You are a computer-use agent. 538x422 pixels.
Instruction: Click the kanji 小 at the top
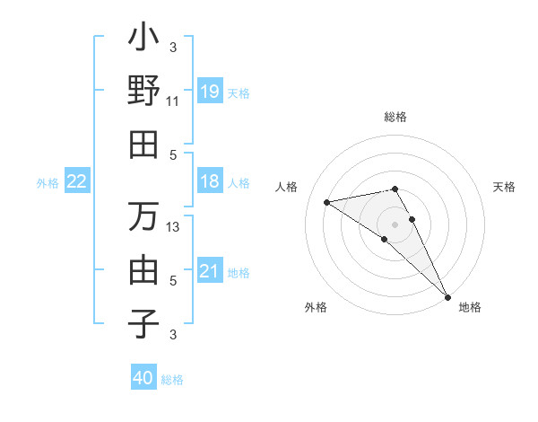pos(143,40)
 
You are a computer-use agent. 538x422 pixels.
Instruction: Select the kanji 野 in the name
pos(143,91)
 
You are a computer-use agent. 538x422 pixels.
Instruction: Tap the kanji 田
pos(143,144)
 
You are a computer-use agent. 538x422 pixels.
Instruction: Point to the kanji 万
pos(143,216)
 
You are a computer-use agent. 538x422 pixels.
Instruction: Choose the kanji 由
pos(143,269)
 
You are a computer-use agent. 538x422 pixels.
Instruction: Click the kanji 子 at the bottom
pos(143,322)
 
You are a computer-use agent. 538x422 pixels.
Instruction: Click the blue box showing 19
pos(209,91)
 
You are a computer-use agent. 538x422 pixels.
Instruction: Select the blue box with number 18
pos(209,181)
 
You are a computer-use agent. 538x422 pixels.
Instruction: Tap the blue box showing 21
pos(209,270)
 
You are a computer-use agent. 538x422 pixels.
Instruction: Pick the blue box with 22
pos(77,181)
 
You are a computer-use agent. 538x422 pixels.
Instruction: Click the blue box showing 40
pos(143,378)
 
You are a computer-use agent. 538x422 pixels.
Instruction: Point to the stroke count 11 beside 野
pos(172,101)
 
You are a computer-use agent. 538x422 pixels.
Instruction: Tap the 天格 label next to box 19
pos(239,92)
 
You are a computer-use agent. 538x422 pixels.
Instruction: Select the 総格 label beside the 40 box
pos(172,380)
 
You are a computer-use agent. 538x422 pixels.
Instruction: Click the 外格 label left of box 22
pos(48,182)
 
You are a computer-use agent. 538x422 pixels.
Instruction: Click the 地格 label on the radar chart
pos(470,307)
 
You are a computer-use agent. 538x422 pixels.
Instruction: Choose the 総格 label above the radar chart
pos(395,117)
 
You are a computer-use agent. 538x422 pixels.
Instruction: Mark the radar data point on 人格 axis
pos(327,202)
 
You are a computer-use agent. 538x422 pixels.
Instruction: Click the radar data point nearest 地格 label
pos(447,296)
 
